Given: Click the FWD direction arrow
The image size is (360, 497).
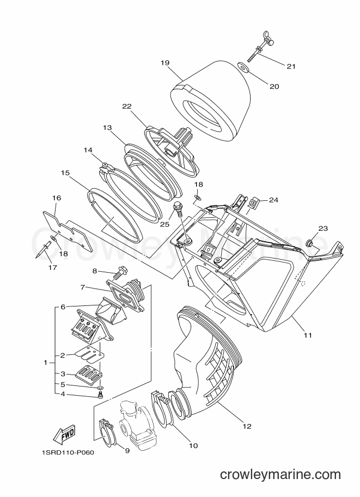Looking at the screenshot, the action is click(x=64, y=434).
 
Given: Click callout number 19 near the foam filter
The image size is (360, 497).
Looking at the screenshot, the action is click(x=165, y=63).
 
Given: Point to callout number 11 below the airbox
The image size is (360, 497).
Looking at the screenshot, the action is click(x=308, y=335).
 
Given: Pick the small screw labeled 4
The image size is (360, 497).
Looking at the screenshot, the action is click(x=100, y=394).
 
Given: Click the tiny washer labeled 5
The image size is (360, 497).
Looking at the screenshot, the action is click(x=100, y=388).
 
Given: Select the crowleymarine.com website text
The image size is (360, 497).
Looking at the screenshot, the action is click(x=280, y=475).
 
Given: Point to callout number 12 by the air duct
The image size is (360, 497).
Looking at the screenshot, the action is click(x=247, y=426).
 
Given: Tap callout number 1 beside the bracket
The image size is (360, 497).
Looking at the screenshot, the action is click(x=45, y=363).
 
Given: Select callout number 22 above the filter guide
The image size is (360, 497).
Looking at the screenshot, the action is click(x=127, y=107).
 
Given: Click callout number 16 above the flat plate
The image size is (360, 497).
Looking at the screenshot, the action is click(x=57, y=198).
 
